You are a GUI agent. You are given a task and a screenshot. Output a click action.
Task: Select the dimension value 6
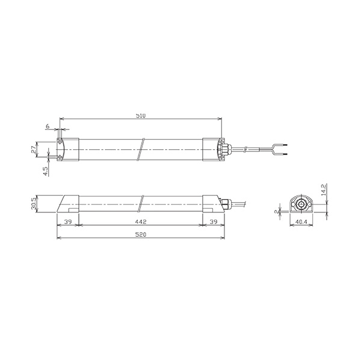[x=48, y=126]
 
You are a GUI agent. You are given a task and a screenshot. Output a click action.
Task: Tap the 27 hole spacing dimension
[x=34, y=149]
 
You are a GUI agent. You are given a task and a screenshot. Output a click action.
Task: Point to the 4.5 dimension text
[x=46, y=171]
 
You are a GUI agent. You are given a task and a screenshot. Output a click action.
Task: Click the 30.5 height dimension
[x=34, y=204]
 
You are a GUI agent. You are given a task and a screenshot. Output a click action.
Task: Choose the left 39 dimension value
[x=68, y=221]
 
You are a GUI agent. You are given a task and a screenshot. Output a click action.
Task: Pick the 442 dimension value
[x=141, y=221]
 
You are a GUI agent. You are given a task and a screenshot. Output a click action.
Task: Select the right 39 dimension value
[x=214, y=221]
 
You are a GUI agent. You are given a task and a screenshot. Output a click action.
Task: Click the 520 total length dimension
[x=141, y=235]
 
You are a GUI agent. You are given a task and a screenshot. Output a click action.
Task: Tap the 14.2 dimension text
[x=324, y=190]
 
